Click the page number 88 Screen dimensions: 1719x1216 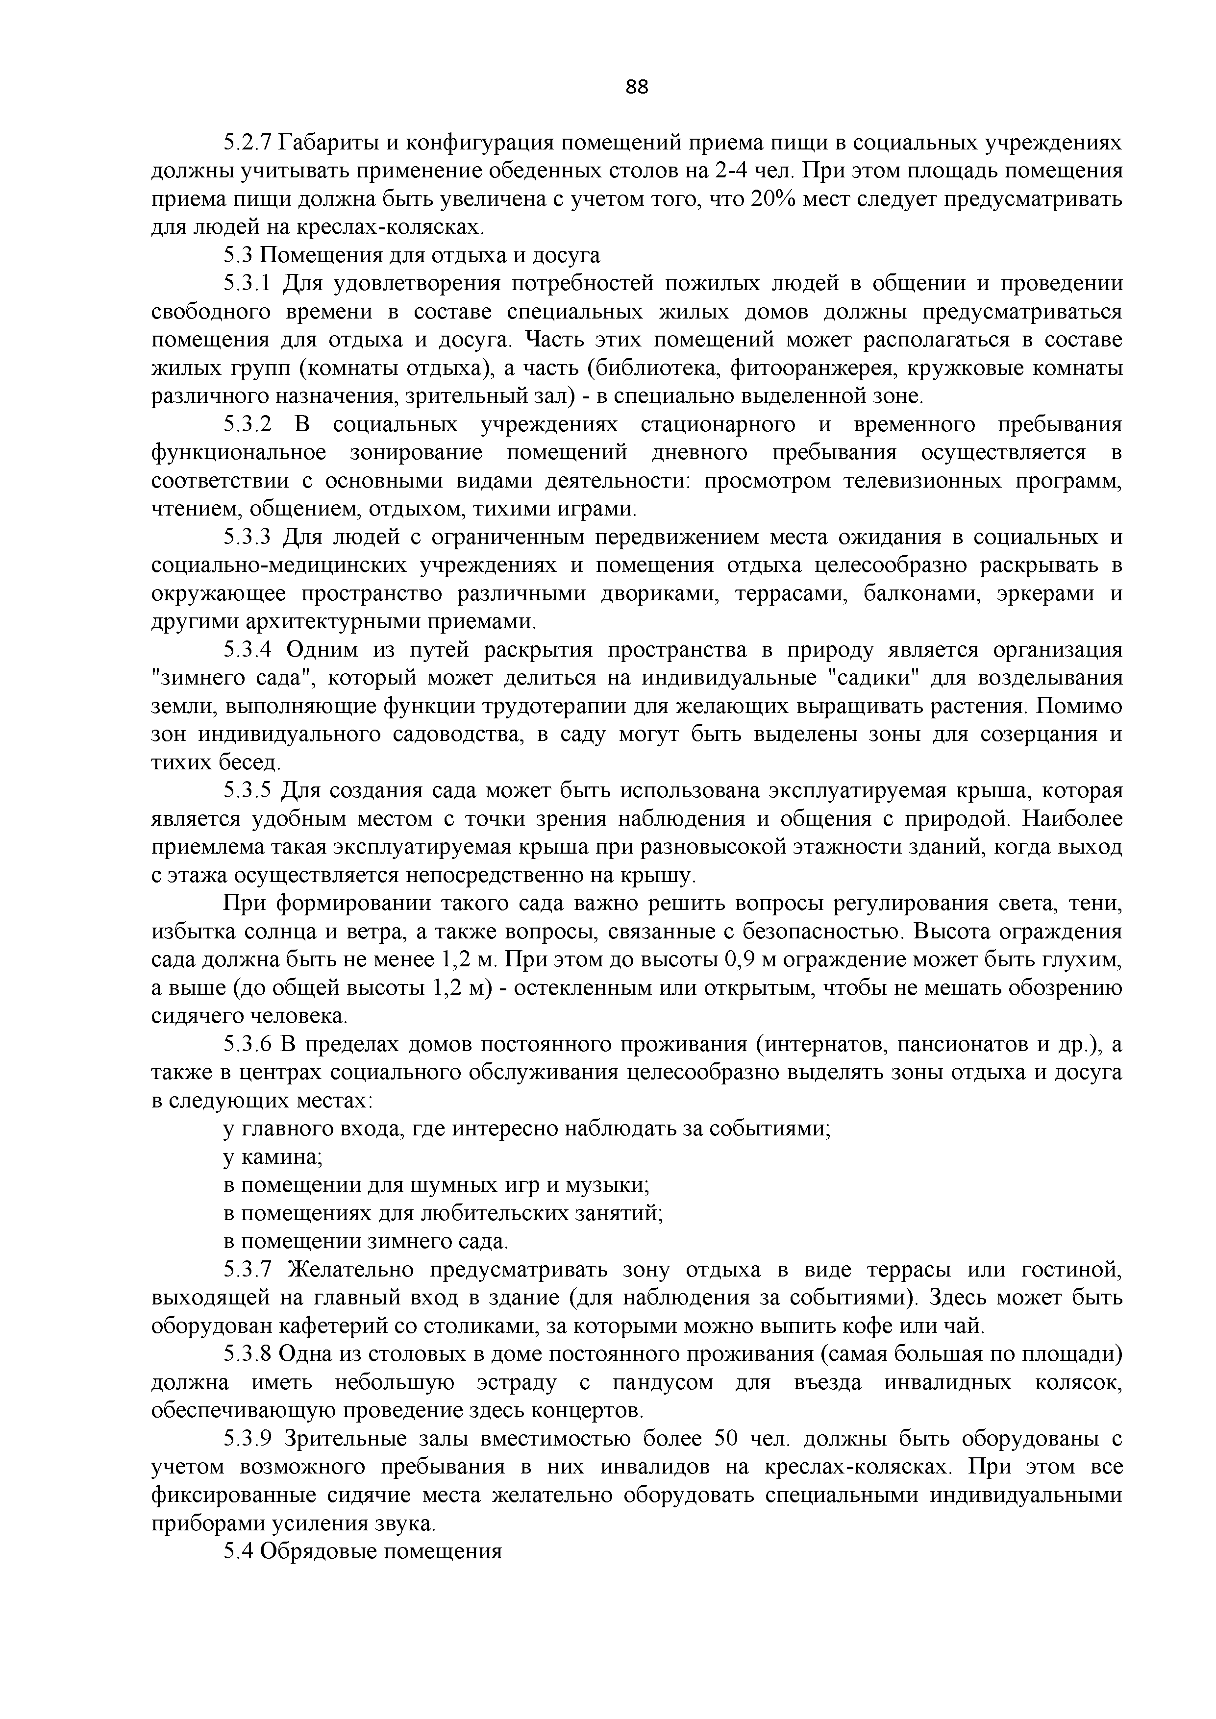pos(637,88)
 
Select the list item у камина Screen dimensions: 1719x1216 pos(273,1157)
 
